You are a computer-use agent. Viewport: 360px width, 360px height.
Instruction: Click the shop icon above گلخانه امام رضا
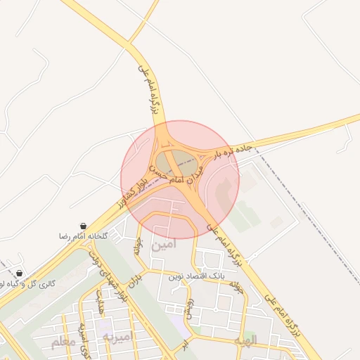tap(84, 226)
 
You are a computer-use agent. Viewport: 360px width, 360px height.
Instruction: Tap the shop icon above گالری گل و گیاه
tap(18, 273)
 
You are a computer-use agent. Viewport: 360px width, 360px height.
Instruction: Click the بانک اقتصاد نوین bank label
tap(196, 277)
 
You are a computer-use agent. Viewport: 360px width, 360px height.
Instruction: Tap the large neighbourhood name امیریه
tap(117, 337)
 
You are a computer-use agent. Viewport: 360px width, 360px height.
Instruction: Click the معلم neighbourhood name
tap(64, 342)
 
